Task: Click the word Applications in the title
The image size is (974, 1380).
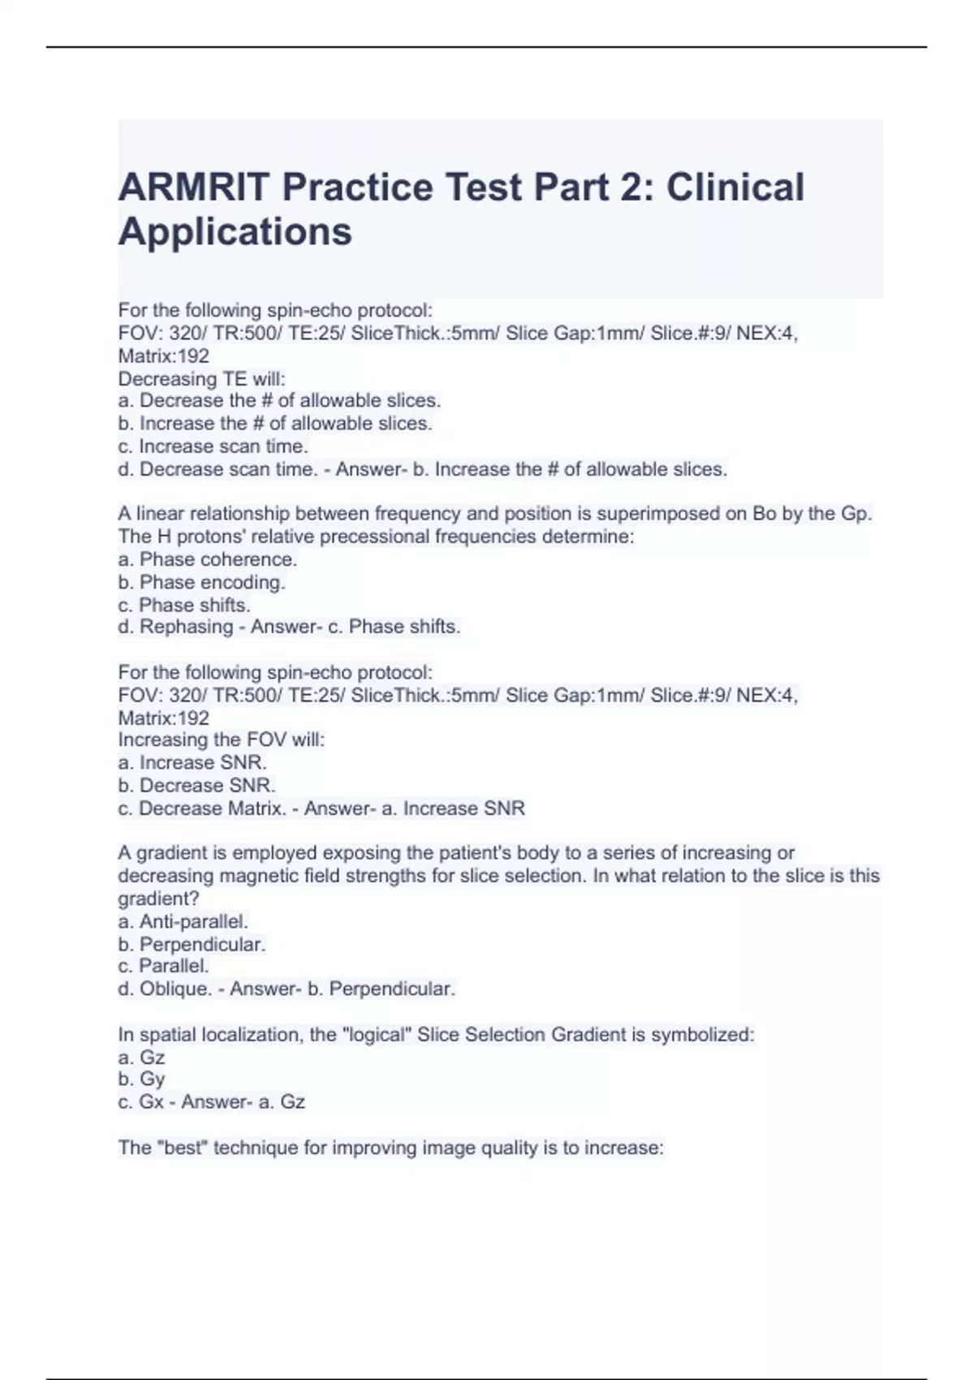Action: point(235,232)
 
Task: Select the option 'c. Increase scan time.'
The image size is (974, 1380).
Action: point(213,446)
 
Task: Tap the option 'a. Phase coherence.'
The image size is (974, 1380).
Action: point(208,559)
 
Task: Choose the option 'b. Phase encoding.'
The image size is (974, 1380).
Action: point(201,582)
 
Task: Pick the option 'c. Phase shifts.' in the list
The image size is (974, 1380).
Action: point(184,605)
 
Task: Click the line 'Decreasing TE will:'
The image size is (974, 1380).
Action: point(202,379)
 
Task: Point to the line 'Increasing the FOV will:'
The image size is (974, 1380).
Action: point(222,740)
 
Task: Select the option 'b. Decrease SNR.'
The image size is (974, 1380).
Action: point(197,786)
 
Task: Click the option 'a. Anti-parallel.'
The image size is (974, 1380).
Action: point(183,922)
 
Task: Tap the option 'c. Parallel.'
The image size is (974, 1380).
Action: point(164,966)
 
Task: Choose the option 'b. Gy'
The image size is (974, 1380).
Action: point(142,1080)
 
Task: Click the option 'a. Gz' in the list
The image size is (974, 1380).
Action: point(142,1058)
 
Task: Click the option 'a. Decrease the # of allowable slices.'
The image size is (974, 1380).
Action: point(279,401)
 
